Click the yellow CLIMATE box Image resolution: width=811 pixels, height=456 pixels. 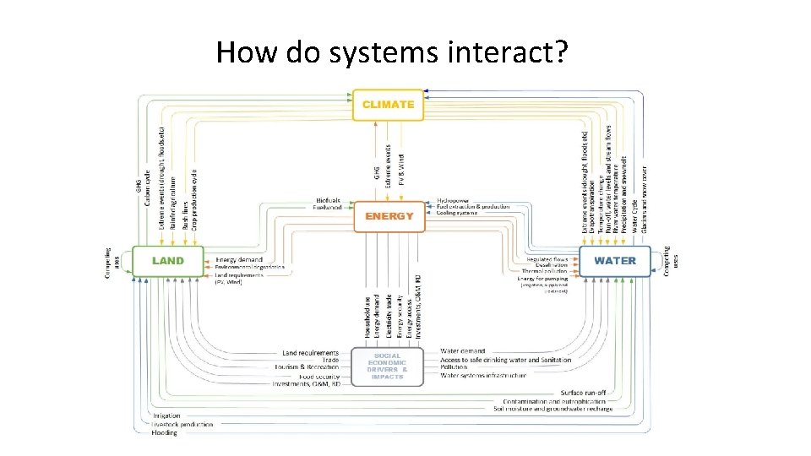(x=388, y=105)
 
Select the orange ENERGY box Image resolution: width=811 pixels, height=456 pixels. (x=389, y=216)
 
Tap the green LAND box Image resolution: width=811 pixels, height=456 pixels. (x=168, y=261)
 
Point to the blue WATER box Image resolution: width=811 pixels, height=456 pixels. (x=614, y=261)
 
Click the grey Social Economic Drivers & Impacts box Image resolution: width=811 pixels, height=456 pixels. (x=387, y=366)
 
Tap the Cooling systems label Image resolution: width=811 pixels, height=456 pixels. (x=457, y=213)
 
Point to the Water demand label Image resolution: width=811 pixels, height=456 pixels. (x=463, y=351)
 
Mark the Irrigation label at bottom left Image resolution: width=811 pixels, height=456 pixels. (x=166, y=415)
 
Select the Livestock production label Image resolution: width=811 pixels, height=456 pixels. (x=182, y=424)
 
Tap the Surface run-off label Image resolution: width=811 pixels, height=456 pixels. (x=583, y=393)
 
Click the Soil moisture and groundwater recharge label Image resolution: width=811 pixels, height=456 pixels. (x=552, y=409)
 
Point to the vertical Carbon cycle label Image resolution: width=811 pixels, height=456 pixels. (x=149, y=189)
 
